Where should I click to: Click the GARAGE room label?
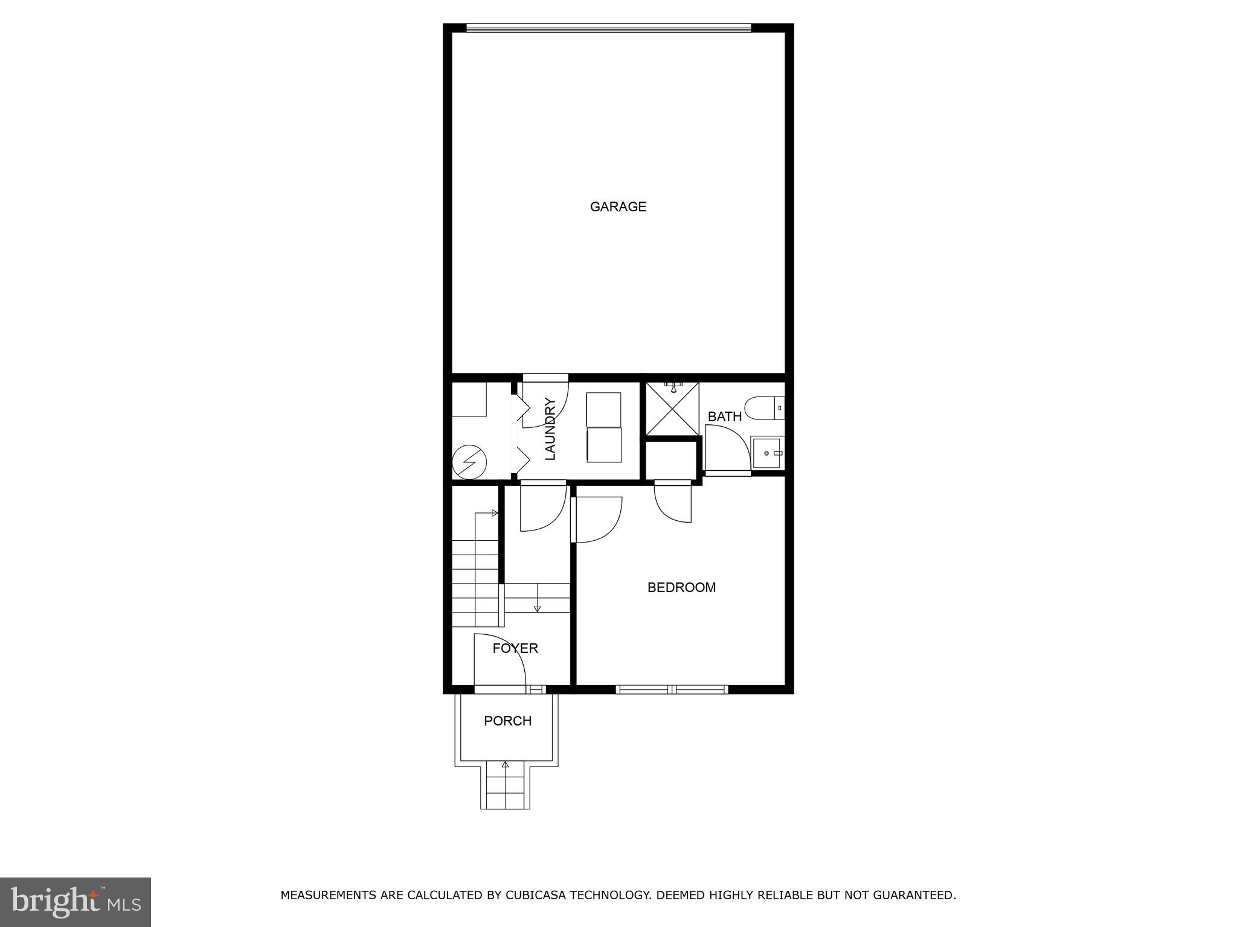tap(618, 207)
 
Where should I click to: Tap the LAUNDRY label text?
tap(550, 429)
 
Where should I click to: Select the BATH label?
tap(724, 416)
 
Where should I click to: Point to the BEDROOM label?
tap(681, 587)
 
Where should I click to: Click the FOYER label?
tap(515, 648)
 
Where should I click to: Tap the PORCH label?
tap(507, 721)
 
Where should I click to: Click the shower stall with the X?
tap(672, 409)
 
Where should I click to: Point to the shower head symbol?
tap(673, 387)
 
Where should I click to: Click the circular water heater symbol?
tap(469, 462)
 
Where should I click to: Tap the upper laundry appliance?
tap(603, 409)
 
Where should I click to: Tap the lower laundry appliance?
tap(604, 445)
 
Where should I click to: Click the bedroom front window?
tap(672, 689)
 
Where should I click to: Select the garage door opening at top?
tap(608, 28)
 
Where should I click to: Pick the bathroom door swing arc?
tap(727, 447)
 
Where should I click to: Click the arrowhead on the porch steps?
tap(506, 765)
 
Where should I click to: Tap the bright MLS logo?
tap(75, 902)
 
